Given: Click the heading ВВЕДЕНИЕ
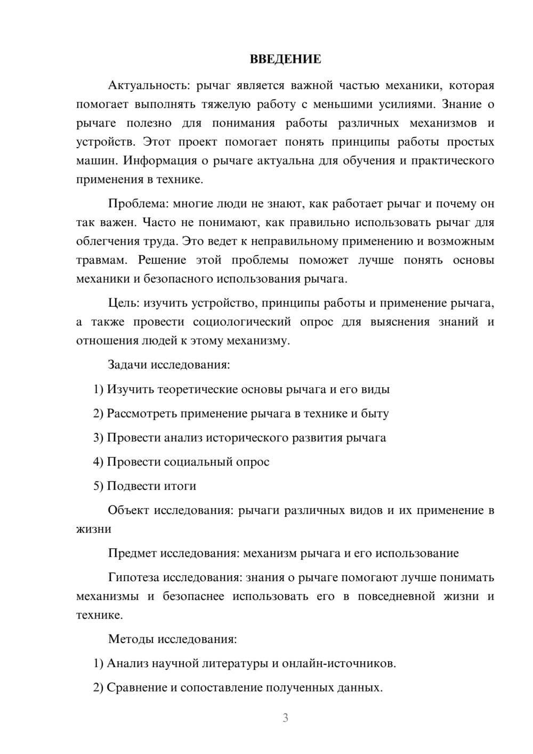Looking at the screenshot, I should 285,59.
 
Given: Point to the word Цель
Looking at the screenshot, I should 123,303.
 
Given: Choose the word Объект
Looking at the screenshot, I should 128,510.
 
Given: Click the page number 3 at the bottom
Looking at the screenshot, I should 285,718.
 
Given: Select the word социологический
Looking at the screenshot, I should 242,322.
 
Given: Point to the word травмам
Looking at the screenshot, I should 102,260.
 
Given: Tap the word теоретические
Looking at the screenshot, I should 190,389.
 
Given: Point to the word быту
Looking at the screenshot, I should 375,413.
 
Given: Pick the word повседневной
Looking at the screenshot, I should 397,596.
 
